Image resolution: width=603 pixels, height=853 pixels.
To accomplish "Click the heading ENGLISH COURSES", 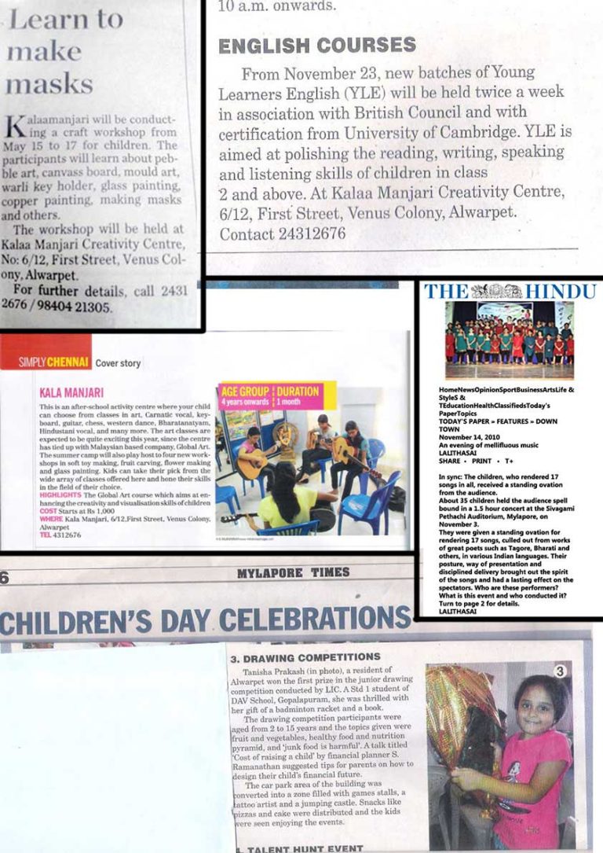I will tap(316, 45).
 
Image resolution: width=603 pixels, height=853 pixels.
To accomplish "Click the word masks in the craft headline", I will tap(49, 83).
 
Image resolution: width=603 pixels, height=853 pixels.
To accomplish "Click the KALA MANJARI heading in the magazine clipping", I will tap(71, 391).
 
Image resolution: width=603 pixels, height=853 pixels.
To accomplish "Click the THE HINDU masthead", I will tap(510, 291).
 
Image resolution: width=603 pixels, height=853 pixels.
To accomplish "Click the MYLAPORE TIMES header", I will tap(293, 573).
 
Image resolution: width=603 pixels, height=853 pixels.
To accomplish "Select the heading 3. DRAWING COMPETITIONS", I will tap(305, 656).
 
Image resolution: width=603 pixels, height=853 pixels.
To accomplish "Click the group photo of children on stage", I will tap(510, 340).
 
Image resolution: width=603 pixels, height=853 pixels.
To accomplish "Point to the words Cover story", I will tap(118, 363).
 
